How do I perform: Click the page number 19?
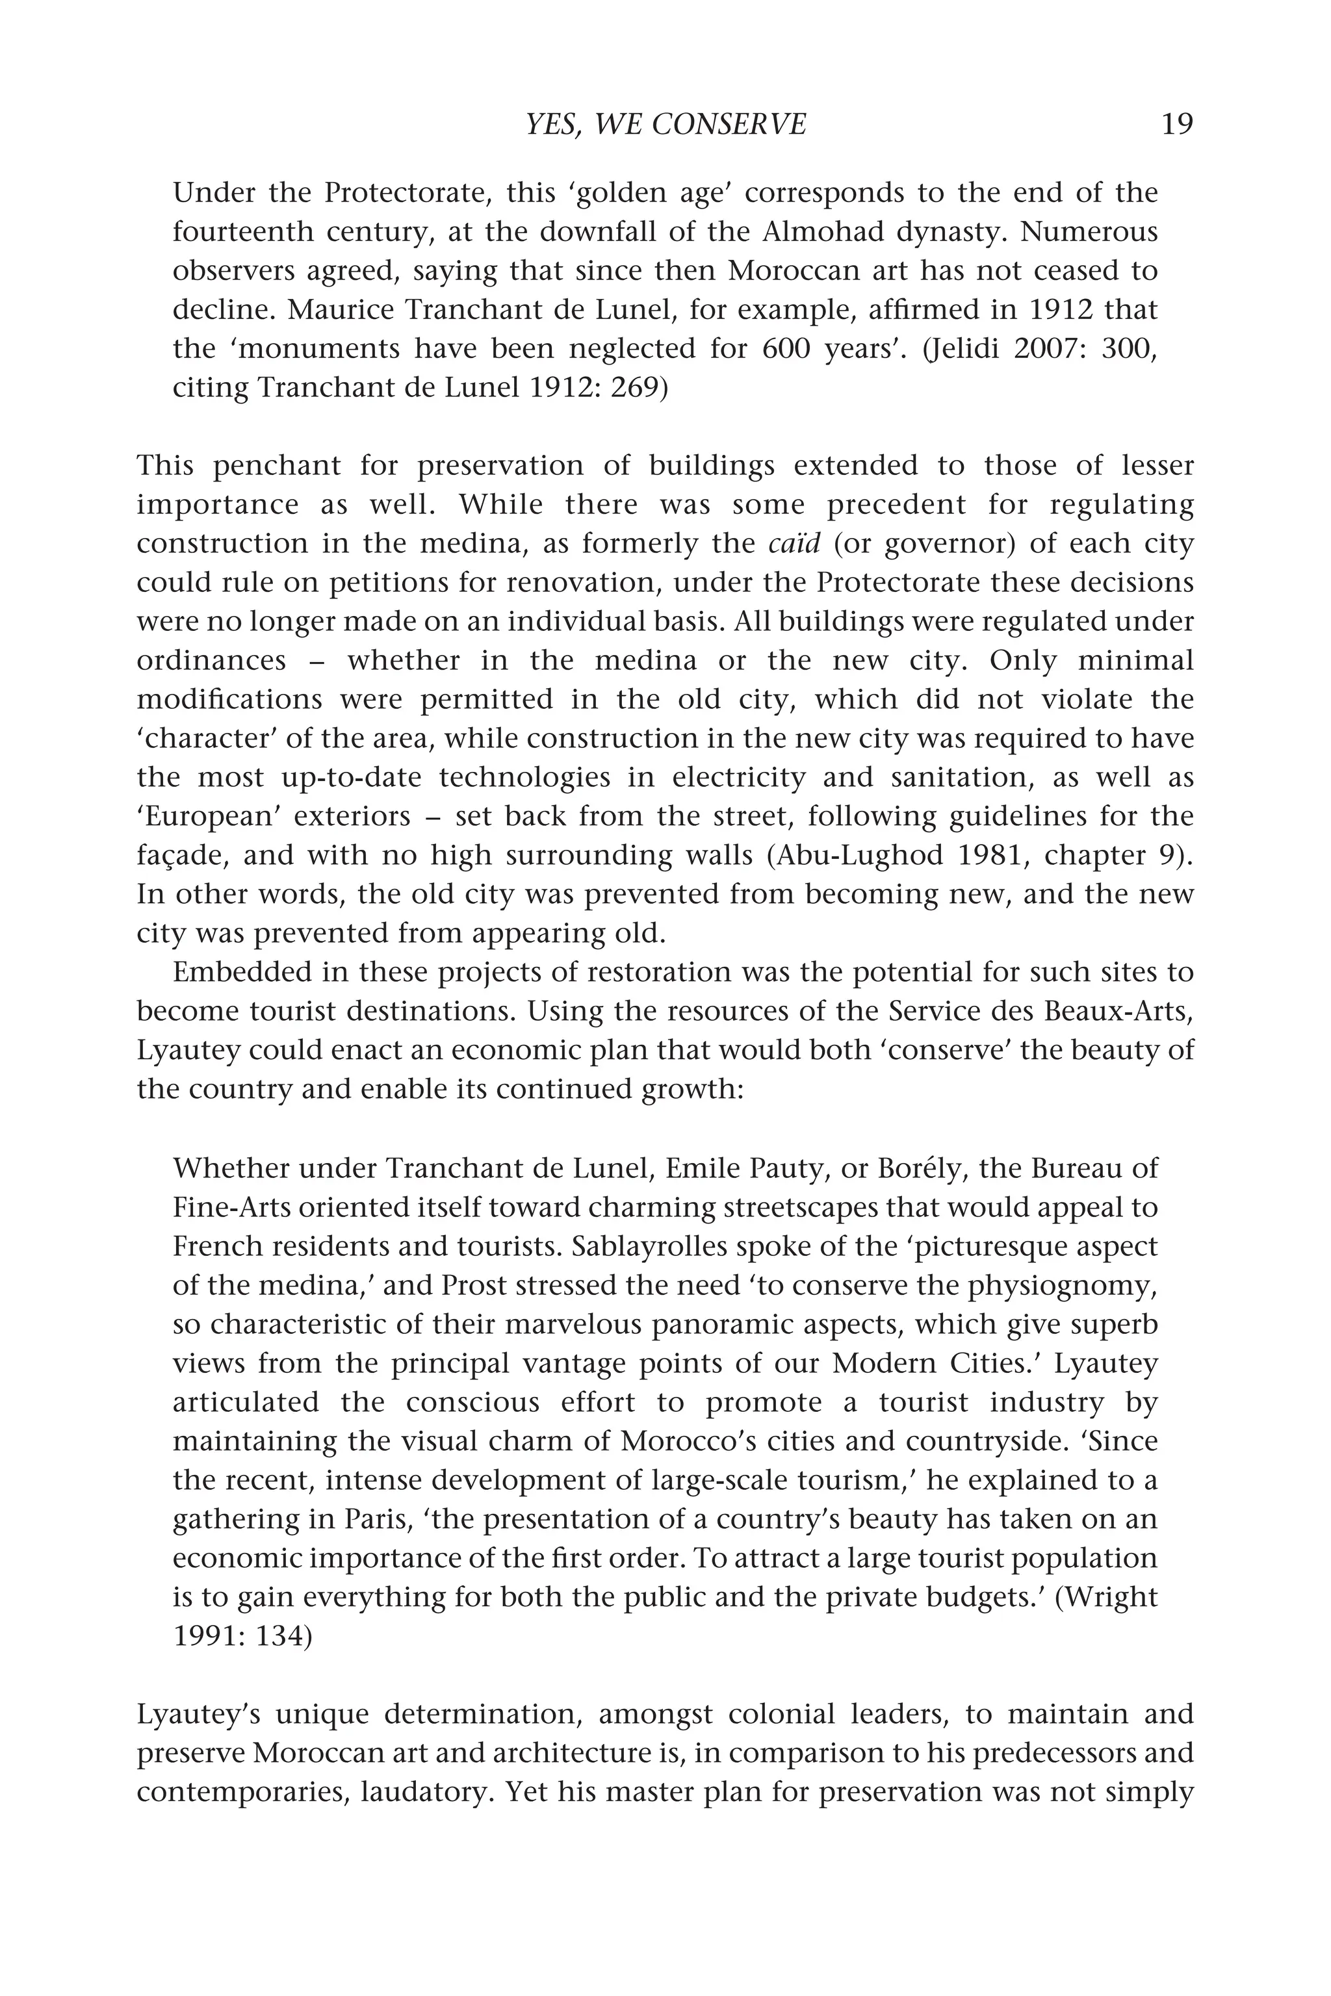1176,125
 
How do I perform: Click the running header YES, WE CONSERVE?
665,125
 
